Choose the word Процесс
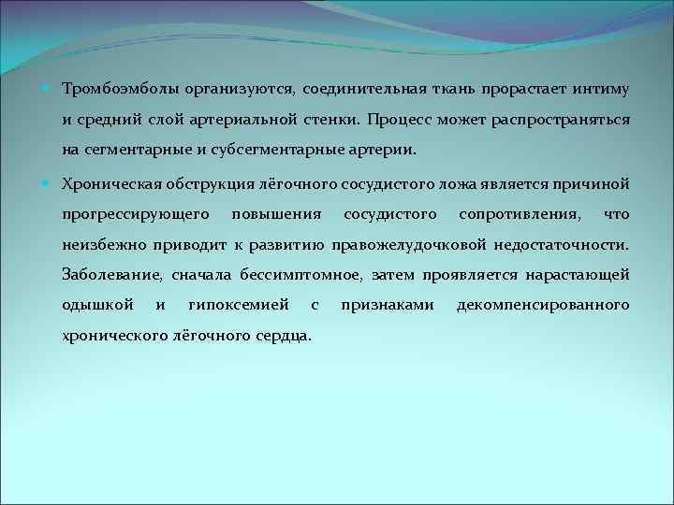tap(399, 120)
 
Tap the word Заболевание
tap(112, 275)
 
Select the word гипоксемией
tap(239, 305)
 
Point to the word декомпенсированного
tap(543, 305)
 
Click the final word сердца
tap(285, 335)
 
